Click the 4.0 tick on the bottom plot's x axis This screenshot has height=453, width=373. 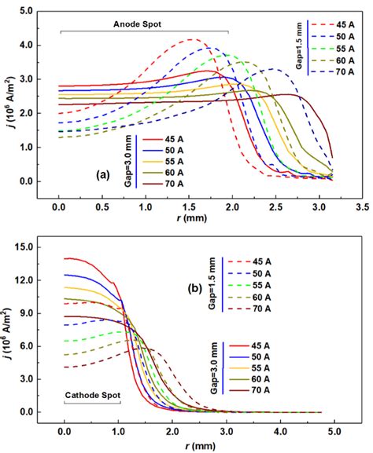[x=280, y=430]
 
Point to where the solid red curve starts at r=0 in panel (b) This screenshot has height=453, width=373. [x=65, y=258]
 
